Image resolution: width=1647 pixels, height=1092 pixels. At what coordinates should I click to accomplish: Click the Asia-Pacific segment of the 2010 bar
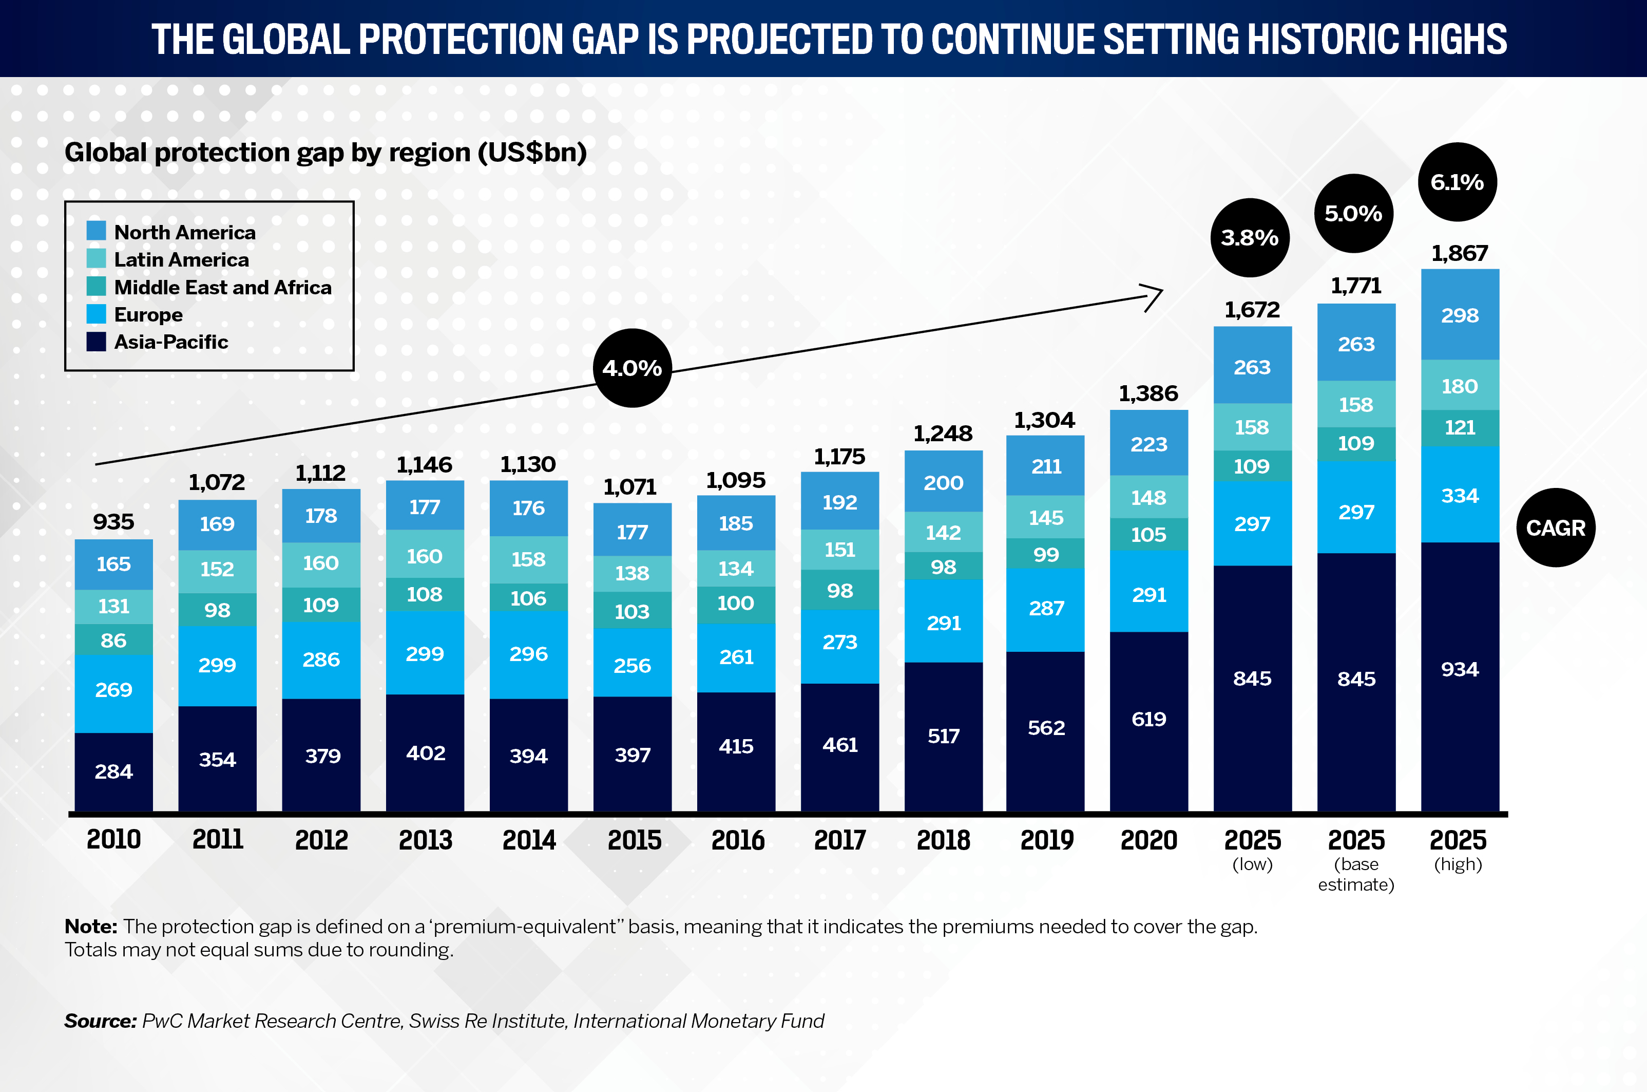(113, 771)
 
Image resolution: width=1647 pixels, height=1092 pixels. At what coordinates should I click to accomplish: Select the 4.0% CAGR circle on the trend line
(632, 368)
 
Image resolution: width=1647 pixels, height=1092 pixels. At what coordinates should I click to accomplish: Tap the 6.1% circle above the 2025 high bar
(1457, 182)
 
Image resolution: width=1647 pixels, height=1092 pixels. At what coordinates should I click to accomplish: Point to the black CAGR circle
(1555, 527)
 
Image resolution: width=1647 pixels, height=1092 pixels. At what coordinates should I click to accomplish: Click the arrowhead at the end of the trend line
(1154, 297)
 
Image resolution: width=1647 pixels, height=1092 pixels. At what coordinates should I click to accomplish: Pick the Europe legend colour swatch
(96, 314)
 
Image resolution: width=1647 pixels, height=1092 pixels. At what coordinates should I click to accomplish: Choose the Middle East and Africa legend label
(223, 287)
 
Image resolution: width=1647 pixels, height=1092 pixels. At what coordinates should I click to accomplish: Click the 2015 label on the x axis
(634, 840)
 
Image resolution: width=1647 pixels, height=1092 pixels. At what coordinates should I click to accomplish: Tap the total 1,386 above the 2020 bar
(1148, 393)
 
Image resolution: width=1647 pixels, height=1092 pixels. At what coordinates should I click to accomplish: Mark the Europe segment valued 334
(1460, 495)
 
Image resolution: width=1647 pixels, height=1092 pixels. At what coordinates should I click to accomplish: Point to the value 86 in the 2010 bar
(113, 641)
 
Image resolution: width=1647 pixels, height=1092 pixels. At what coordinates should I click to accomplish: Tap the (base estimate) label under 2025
(1356, 875)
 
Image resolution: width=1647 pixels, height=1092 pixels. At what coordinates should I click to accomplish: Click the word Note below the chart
(90, 926)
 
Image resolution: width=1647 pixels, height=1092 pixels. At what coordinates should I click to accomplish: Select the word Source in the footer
(100, 1021)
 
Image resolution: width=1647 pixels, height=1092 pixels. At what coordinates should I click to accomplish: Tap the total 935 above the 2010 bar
(113, 522)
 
